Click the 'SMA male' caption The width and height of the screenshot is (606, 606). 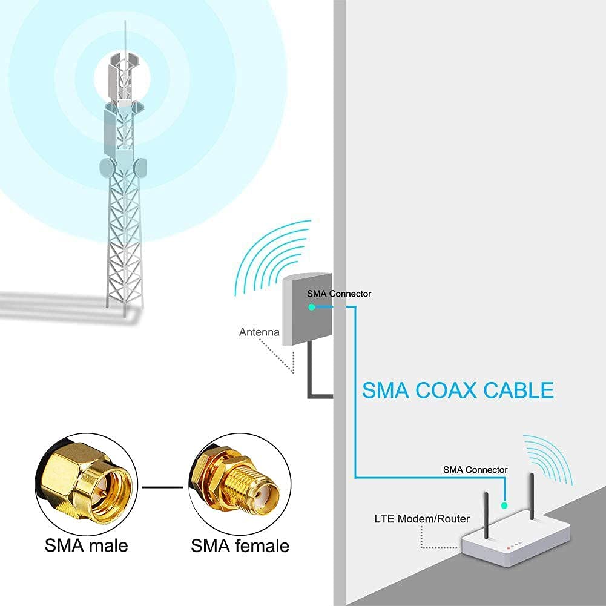(x=86, y=545)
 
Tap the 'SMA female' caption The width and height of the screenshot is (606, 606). (x=240, y=546)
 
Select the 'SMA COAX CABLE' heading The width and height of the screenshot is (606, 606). (x=458, y=390)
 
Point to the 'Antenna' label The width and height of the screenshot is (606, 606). (x=259, y=332)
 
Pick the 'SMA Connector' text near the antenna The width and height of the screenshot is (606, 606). (x=339, y=294)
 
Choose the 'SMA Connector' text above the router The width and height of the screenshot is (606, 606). (x=475, y=470)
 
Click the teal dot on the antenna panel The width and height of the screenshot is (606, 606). (x=311, y=308)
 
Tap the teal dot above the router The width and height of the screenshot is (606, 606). (x=504, y=504)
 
